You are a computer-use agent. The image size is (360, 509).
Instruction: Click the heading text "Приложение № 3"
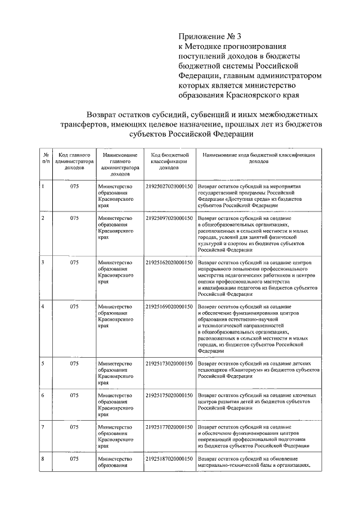pyautogui.click(x=208, y=37)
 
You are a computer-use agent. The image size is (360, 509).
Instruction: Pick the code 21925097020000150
pyautogui.click(x=169, y=217)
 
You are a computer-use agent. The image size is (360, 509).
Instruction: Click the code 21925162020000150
pyautogui.click(x=169, y=262)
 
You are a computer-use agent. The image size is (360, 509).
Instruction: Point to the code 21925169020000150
pyautogui.click(x=169, y=307)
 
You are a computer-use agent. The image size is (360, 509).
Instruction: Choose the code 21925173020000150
pyautogui.click(x=169, y=364)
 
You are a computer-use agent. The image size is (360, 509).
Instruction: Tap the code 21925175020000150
pyautogui.click(x=169, y=395)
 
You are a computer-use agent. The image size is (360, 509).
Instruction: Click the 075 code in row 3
pyautogui.click(x=74, y=262)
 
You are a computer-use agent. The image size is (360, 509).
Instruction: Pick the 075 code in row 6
pyautogui.click(x=74, y=395)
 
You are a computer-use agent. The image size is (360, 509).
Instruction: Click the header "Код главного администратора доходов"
pyautogui.click(x=74, y=160)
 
